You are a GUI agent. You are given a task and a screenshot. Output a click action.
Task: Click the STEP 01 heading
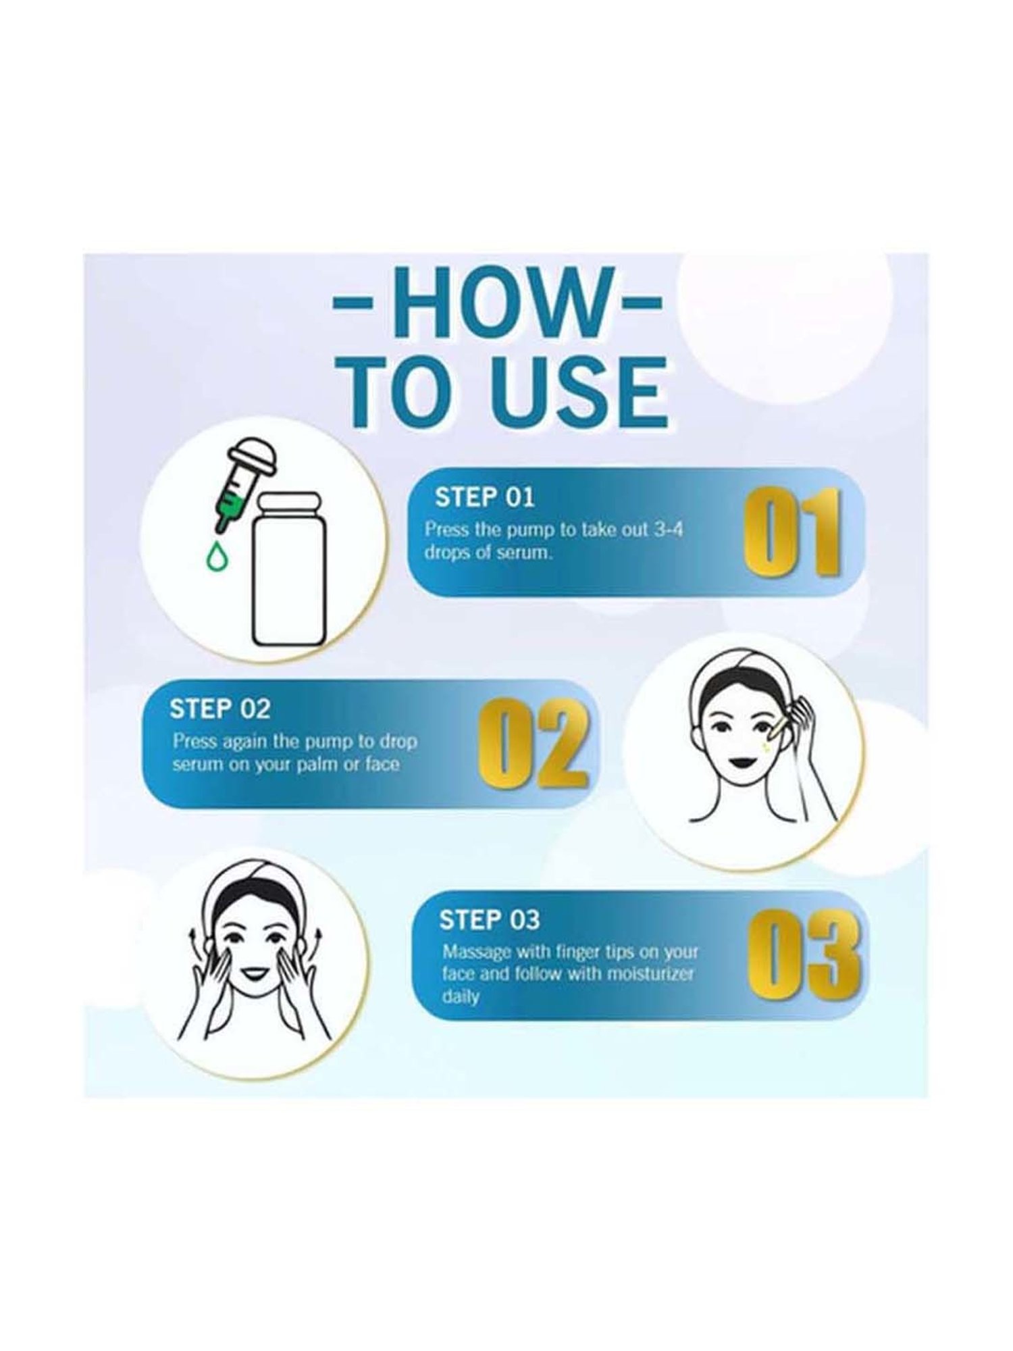484,498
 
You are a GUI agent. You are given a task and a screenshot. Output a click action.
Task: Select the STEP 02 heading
219,709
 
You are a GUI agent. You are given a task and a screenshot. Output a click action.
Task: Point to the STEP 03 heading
490,919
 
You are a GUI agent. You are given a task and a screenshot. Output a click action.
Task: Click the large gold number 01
794,532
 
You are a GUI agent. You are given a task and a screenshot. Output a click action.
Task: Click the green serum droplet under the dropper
216,555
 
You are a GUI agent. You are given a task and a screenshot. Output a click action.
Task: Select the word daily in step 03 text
461,997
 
